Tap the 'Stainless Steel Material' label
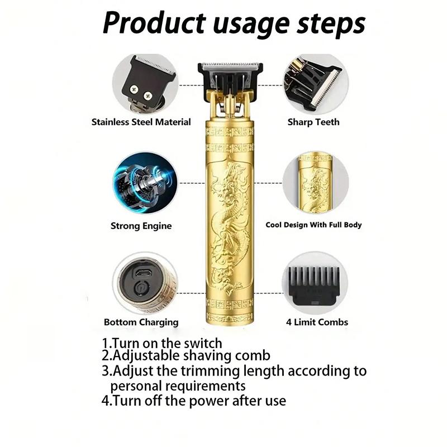click(141, 122)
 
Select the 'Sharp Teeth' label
click(313, 122)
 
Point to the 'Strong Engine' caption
click(141, 226)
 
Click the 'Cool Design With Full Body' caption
click(313, 225)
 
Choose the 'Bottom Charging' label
click(141, 322)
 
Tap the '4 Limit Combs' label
click(317, 322)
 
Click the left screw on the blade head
click(134, 89)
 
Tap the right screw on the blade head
click(148, 96)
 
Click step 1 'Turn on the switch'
click(162, 343)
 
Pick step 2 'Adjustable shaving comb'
click(186, 355)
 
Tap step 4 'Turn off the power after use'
click(193, 400)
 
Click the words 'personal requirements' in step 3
click(178, 386)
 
